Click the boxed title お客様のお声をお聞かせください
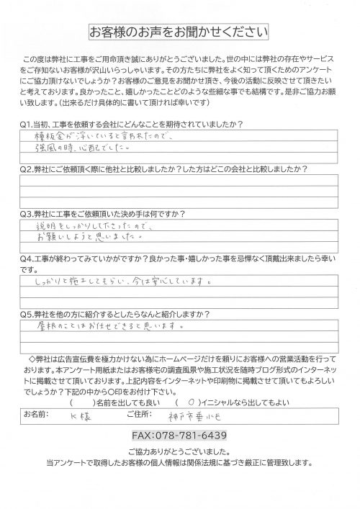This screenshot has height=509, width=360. click(179, 32)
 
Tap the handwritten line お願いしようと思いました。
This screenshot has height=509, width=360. click(90, 236)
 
